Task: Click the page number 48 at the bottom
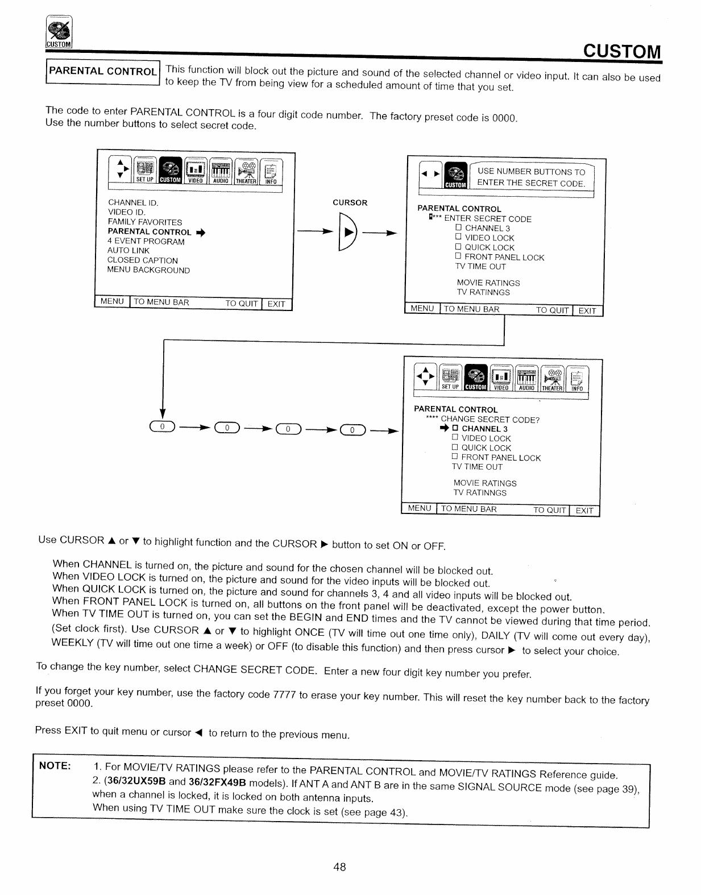(340, 867)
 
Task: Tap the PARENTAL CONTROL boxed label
(103, 72)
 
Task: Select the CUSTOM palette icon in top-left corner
(59, 34)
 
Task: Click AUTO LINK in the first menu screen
(128, 251)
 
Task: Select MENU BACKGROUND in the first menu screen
(148, 270)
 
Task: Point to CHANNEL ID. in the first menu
(133, 202)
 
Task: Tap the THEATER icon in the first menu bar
(247, 171)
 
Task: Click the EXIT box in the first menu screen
(276, 304)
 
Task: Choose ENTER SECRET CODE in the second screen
(487, 219)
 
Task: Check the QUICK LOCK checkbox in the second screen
(458, 247)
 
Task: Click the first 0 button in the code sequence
(162, 428)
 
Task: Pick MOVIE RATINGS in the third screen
(485, 483)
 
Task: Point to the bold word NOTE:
(55, 765)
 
